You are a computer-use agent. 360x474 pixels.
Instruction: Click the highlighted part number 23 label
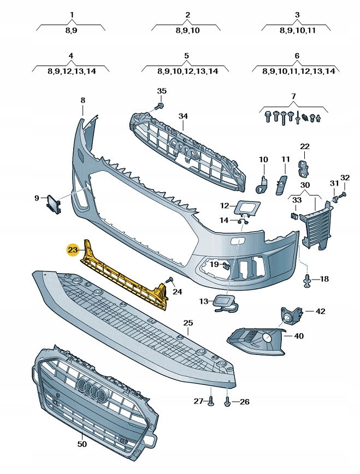tap(73, 250)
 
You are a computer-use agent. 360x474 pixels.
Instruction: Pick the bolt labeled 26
tap(228, 402)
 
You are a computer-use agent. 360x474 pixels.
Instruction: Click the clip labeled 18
tap(307, 281)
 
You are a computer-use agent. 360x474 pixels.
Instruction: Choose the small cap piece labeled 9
tap(54, 202)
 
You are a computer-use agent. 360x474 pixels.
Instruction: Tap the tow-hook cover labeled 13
tap(223, 303)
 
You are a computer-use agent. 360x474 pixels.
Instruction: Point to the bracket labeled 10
tap(263, 182)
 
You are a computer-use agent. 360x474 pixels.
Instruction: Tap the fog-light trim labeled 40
tap(257, 338)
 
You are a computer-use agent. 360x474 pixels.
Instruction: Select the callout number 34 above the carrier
tap(183, 116)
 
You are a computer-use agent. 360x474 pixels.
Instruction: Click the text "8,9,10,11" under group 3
tap(297, 31)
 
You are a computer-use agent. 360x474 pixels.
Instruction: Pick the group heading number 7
tap(293, 96)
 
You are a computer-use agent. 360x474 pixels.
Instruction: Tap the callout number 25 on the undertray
tap(188, 323)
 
